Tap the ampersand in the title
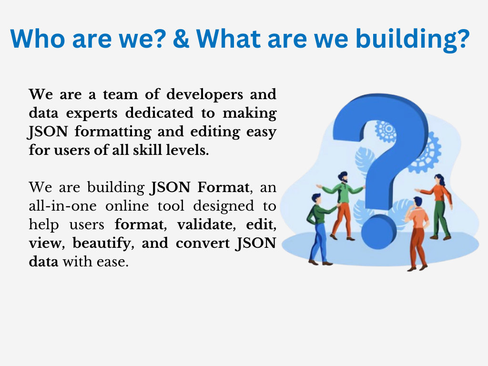(x=181, y=39)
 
